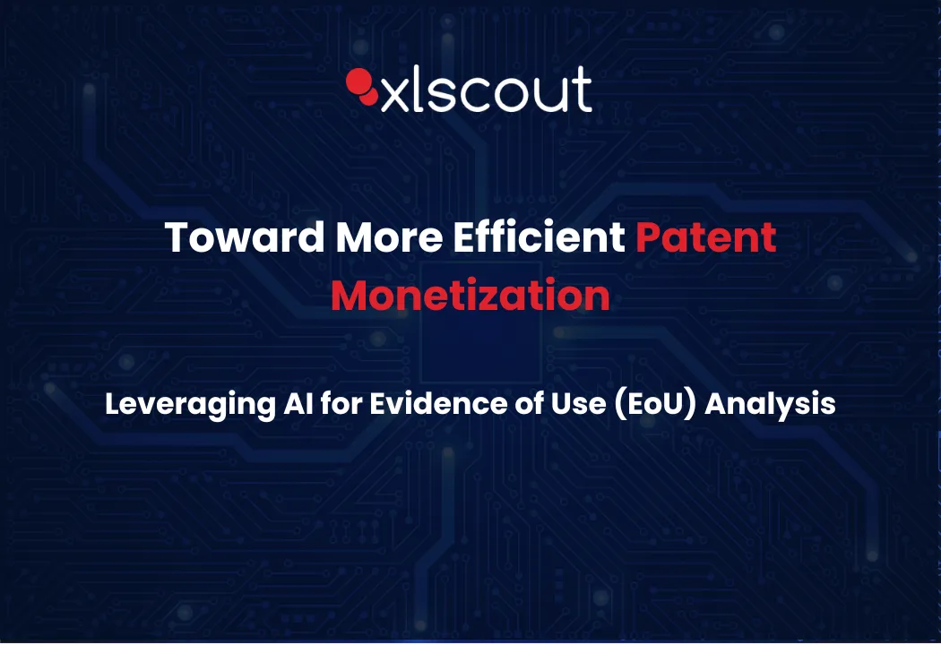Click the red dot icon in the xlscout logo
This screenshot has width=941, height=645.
[362, 86]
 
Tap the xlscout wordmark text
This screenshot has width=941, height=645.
[487, 90]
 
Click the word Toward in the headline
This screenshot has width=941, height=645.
[245, 237]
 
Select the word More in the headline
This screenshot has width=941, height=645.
[389, 237]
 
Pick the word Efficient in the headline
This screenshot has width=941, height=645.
[539, 236]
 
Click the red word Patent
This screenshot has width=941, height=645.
[706, 237]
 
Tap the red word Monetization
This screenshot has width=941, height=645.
[470, 296]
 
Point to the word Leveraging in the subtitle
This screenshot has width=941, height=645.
[190, 404]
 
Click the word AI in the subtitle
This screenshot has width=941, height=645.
[298, 402]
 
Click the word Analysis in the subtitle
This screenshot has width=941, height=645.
[770, 404]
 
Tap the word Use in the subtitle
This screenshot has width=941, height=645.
[579, 403]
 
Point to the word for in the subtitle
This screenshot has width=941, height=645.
[341, 402]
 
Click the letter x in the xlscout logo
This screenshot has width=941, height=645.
[395, 97]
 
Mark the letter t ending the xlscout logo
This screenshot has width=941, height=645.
[583, 90]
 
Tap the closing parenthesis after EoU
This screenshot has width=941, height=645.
[691, 404]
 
